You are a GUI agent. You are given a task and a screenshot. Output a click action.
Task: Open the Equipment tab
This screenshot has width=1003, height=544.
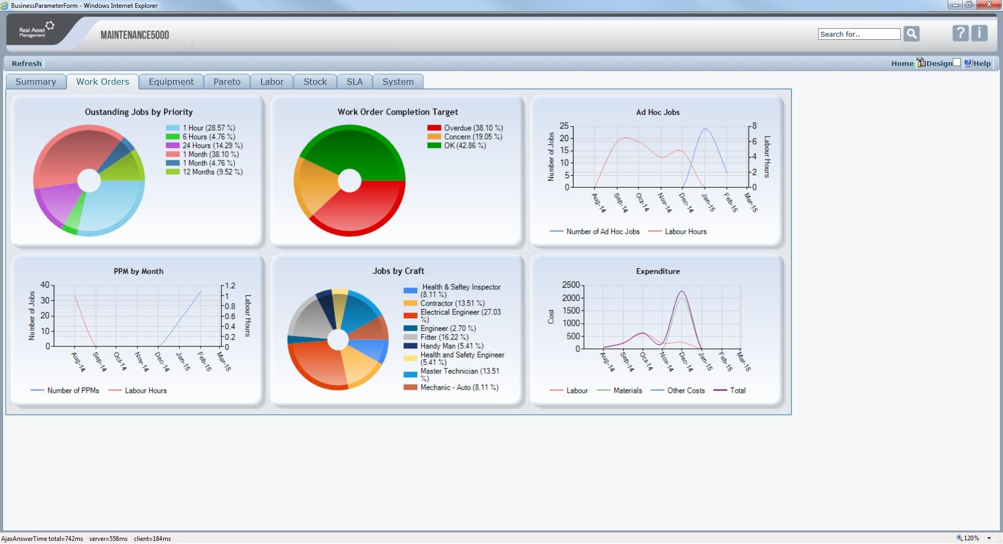tap(171, 82)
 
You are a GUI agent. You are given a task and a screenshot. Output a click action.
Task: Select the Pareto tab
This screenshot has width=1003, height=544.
tap(227, 82)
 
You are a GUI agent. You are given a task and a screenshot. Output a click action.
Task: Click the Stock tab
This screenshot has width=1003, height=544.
tap(315, 82)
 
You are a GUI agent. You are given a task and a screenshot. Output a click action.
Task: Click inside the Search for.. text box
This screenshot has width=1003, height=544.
tap(859, 34)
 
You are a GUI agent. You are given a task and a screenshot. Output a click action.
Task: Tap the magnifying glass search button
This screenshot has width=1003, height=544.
tap(912, 34)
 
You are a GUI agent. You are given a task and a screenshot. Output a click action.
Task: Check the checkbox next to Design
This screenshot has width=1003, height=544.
tap(957, 62)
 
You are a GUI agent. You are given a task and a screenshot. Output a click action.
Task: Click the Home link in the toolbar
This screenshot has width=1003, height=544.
tap(902, 63)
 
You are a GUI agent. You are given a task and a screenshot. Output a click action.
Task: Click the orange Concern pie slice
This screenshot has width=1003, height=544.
tap(316, 183)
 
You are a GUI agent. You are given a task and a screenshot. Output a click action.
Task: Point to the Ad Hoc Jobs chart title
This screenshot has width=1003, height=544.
tap(658, 112)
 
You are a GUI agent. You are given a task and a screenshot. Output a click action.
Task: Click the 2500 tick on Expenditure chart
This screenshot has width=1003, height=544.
tap(571, 285)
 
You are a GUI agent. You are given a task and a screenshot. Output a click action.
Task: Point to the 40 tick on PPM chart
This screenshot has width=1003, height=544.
tap(45, 285)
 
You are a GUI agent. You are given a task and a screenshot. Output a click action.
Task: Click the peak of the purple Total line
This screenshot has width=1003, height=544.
tap(682, 291)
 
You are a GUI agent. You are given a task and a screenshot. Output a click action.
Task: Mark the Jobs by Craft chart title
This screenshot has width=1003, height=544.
tap(398, 271)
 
